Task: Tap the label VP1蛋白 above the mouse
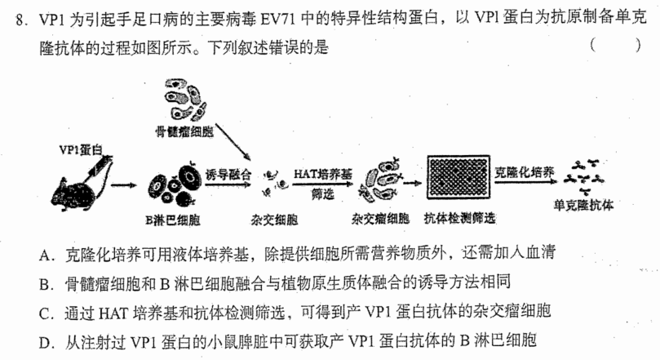tap(81, 149)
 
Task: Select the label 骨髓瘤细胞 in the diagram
tap(184, 131)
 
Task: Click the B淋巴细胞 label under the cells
tap(173, 220)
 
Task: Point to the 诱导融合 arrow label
tap(228, 175)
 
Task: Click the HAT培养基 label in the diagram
tap(323, 175)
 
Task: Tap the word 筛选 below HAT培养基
tap(323, 193)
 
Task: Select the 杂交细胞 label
tap(274, 220)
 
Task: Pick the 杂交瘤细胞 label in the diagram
tap(380, 219)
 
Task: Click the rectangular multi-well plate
tap(458, 177)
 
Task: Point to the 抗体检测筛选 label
tap(459, 218)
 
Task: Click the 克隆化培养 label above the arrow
tap(524, 172)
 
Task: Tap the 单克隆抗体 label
tap(583, 205)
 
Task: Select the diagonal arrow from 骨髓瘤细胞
tap(233, 141)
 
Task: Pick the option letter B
tap(45, 284)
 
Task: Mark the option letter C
tap(45, 313)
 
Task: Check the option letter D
tap(45, 343)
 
